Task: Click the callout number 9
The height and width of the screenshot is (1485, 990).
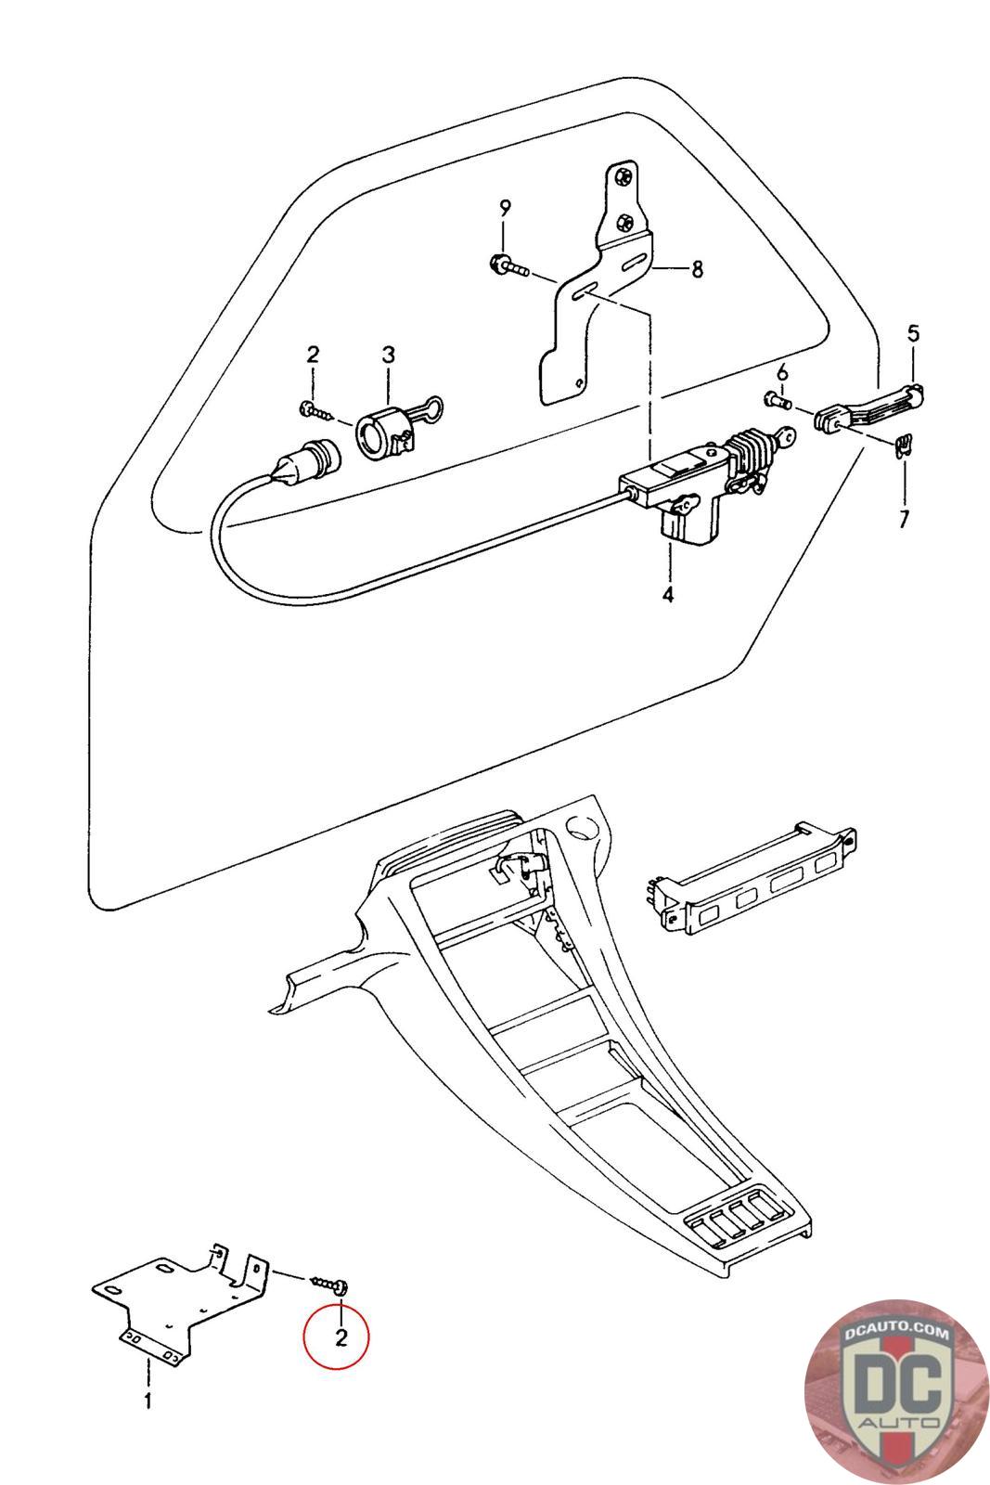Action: click(505, 207)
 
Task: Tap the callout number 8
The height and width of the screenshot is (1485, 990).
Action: click(696, 269)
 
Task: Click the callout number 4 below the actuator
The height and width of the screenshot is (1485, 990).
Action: click(668, 594)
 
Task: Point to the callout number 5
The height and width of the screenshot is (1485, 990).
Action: click(913, 332)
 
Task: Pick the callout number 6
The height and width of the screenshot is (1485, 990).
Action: click(782, 372)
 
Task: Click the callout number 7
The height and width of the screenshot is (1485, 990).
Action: click(904, 517)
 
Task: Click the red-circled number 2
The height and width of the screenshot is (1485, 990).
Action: click(340, 1337)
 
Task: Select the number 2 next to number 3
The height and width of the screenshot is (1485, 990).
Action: click(313, 354)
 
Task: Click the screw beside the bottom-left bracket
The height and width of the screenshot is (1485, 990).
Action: click(331, 1284)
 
